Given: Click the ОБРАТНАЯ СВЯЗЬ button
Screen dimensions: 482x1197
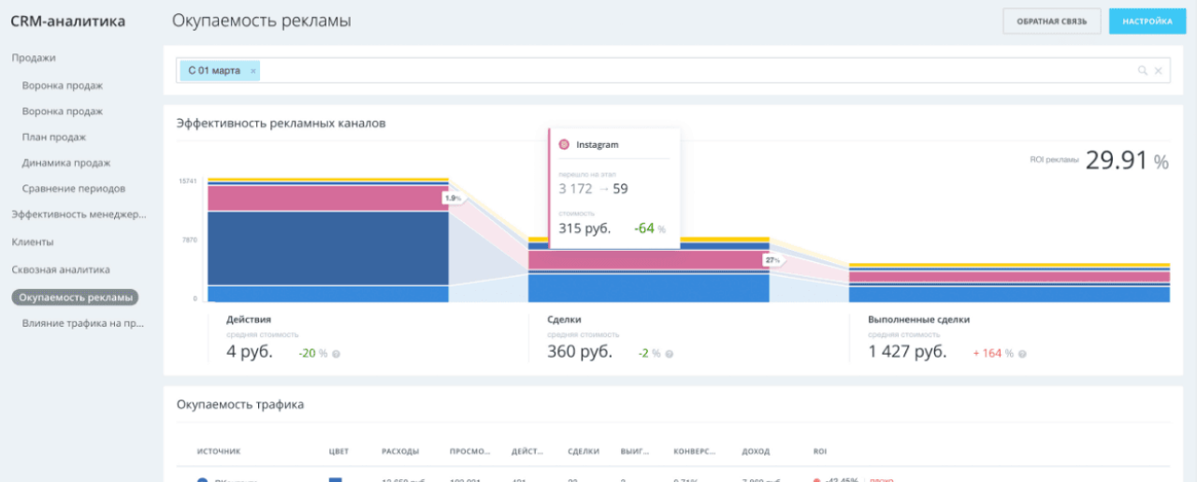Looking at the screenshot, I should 1052,22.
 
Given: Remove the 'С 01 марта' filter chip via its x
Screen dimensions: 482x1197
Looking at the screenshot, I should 252,70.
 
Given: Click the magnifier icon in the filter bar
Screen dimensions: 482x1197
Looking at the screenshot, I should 1142,70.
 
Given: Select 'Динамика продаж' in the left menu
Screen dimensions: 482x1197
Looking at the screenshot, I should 67,163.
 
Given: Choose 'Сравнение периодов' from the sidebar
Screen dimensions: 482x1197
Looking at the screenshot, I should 74,188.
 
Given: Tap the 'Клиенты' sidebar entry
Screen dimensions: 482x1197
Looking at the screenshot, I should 33,241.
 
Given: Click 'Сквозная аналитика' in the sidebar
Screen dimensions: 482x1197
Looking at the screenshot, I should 61,270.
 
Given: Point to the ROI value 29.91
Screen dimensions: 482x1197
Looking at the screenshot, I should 1116,161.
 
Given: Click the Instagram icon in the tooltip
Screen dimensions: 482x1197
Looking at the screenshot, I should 564,145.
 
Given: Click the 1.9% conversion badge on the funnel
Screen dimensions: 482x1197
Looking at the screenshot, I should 453,198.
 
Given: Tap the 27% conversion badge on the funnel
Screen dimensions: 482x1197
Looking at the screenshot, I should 772,260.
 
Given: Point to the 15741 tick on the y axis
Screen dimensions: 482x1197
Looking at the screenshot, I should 188,181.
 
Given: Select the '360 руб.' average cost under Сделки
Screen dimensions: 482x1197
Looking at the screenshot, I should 580,352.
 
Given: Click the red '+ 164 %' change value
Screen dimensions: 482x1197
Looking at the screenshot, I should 994,353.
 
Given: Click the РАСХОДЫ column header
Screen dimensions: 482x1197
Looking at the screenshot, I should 400,451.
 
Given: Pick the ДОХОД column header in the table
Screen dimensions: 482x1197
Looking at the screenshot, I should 756,451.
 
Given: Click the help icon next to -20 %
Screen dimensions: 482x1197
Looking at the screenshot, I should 336,354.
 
